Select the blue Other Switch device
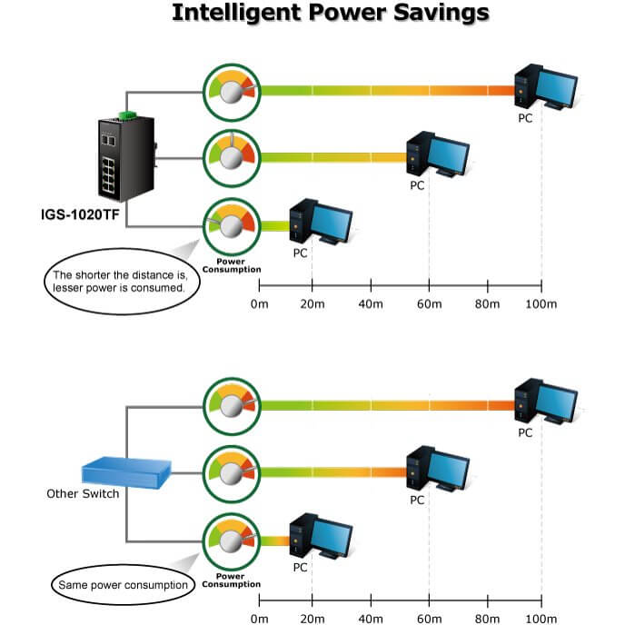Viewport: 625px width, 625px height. coord(120,471)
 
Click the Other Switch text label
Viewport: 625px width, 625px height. coord(83,494)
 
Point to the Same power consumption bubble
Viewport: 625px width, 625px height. coord(123,585)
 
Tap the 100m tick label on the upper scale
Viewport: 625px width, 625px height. coord(541,303)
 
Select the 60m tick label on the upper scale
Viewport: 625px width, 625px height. coord(428,303)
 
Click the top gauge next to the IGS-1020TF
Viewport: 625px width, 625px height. coord(231,90)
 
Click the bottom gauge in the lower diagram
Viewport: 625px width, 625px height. coord(231,542)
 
